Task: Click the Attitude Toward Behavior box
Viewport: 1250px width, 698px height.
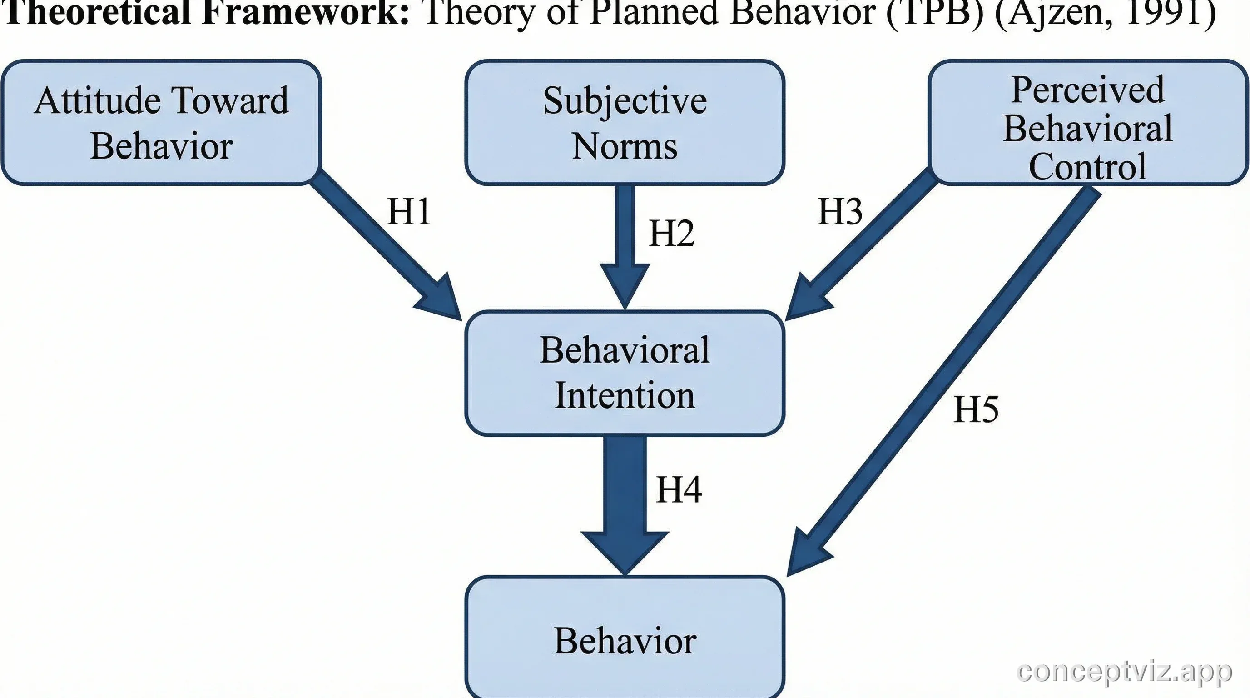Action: click(161, 122)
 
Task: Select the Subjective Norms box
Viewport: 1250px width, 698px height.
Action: click(625, 122)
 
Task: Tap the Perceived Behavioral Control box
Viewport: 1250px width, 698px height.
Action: click(1088, 122)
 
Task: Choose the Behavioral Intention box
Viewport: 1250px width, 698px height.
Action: click(625, 373)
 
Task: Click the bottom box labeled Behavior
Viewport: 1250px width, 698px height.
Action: click(625, 640)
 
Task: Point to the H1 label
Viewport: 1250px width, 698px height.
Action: click(409, 212)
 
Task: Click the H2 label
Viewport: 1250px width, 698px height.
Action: click(672, 234)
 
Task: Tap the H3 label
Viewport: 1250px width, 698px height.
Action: click(840, 212)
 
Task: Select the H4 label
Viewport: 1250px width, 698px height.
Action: click(679, 489)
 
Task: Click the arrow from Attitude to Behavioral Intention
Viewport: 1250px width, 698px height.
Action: click(383, 243)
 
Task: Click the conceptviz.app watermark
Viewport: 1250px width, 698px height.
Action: click(1124, 672)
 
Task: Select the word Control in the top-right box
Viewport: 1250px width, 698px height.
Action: click(1087, 166)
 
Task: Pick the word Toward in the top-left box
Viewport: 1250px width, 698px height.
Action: click(230, 100)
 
